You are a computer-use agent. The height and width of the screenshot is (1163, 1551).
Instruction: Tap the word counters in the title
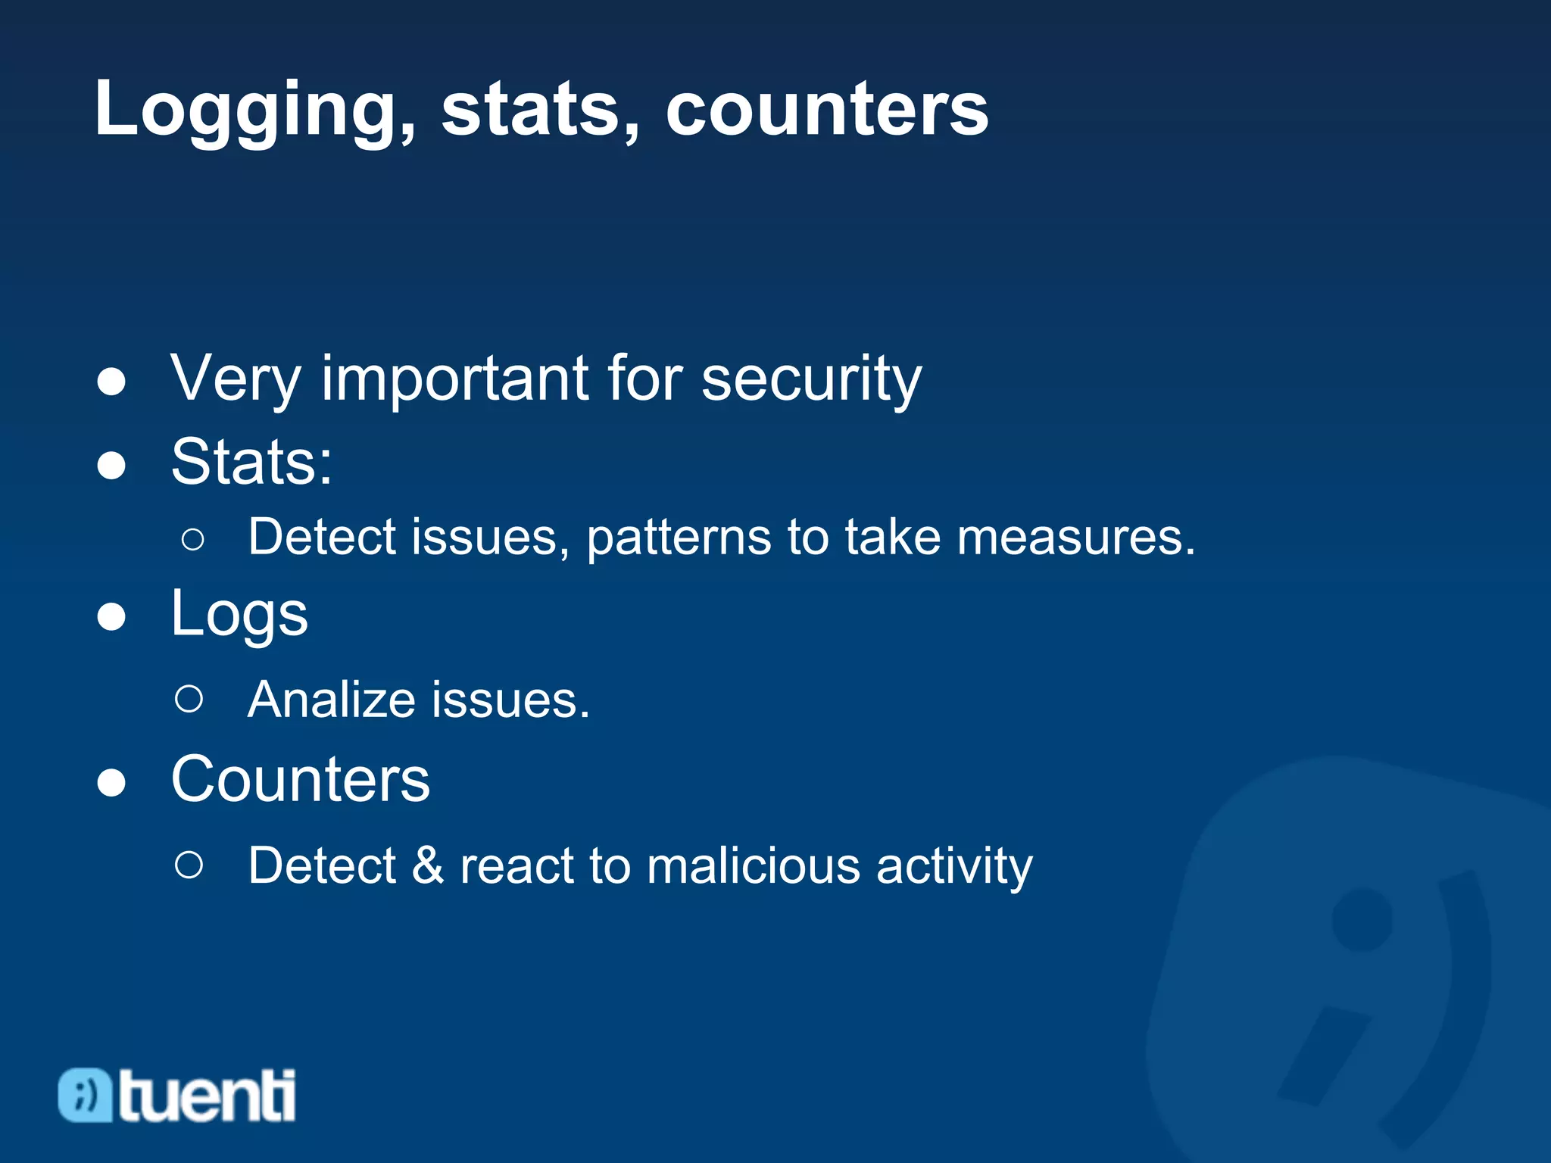[826, 111]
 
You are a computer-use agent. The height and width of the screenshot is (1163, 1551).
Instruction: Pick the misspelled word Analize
[330, 700]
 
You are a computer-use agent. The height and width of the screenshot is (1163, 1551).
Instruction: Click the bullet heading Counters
[300, 780]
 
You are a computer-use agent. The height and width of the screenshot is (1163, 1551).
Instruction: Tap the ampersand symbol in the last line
[428, 865]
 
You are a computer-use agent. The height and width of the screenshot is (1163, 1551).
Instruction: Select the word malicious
[753, 865]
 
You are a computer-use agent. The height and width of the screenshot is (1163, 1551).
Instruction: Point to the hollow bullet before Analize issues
[189, 699]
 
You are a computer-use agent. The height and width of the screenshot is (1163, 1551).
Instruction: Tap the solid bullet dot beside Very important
[111, 382]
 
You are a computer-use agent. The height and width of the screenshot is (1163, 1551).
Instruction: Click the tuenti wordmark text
[207, 1096]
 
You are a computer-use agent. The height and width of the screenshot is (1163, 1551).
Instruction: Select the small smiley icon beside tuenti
[85, 1095]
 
